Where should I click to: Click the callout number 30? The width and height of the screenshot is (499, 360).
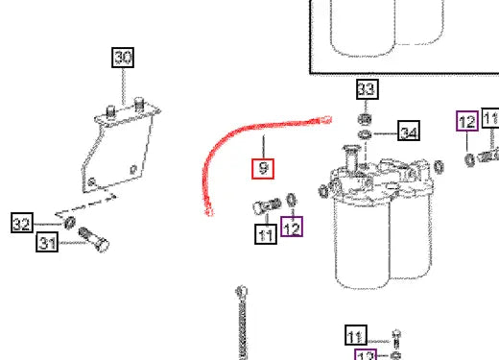tap(124, 58)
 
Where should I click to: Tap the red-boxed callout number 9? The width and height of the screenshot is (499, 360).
tap(263, 170)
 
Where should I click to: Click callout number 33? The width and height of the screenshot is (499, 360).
tap(367, 90)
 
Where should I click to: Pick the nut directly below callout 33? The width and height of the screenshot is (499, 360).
tap(366, 118)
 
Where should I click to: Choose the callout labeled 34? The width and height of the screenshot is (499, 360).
tap(409, 132)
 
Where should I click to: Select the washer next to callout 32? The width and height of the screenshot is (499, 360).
tap(70, 224)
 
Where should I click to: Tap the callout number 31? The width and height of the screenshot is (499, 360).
tap(48, 244)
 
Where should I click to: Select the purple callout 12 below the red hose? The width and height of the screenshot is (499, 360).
tap(291, 228)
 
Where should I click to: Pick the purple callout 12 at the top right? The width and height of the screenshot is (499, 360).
tap(466, 121)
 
